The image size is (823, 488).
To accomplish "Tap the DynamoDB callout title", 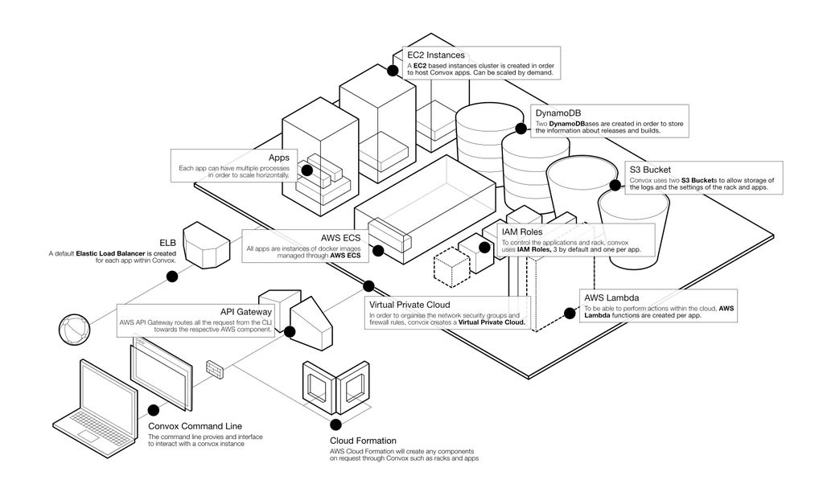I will tap(560, 113).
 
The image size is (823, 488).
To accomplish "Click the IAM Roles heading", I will tap(522, 232).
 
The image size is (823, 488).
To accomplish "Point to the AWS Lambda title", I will tap(611, 298).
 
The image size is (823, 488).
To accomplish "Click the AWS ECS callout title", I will tap(340, 239).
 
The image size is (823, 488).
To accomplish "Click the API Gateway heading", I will tap(246, 311).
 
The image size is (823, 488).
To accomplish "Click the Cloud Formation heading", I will tap(363, 441).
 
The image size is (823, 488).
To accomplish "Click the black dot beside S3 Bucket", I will tap(615, 186).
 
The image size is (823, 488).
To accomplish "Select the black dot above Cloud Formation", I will tap(335, 423).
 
